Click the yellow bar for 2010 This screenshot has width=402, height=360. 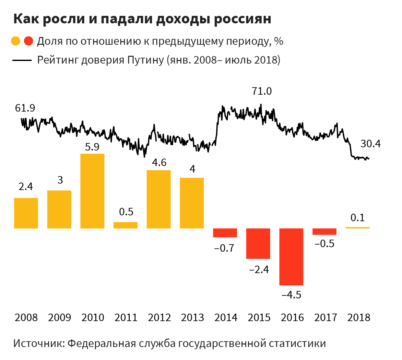click(x=92, y=191)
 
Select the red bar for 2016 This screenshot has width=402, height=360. click(x=291, y=257)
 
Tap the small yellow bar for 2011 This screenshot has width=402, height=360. click(x=125, y=225)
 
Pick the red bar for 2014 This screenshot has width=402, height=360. click(x=225, y=233)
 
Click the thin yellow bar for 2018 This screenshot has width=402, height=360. click(x=357, y=228)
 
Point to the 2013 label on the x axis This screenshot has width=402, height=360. click(x=193, y=318)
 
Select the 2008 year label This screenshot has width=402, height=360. click(x=26, y=318)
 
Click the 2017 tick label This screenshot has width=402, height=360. click(x=325, y=318)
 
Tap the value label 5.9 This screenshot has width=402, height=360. click(x=92, y=147)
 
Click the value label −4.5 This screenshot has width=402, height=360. click(x=291, y=295)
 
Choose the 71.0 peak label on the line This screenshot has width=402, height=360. click(x=262, y=91)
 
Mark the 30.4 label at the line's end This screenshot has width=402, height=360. click(x=371, y=144)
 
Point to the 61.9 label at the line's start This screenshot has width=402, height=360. click(x=25, y=108)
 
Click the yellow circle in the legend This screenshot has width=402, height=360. click(x=16, y=41)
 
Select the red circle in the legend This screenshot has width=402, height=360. click(x=29, y=41)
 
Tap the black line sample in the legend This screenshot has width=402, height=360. click(x=22, y=60)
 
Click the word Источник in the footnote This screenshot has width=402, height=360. click(x=38, y=343)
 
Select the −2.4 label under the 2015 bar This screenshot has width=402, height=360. click(x=259, y=270)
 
